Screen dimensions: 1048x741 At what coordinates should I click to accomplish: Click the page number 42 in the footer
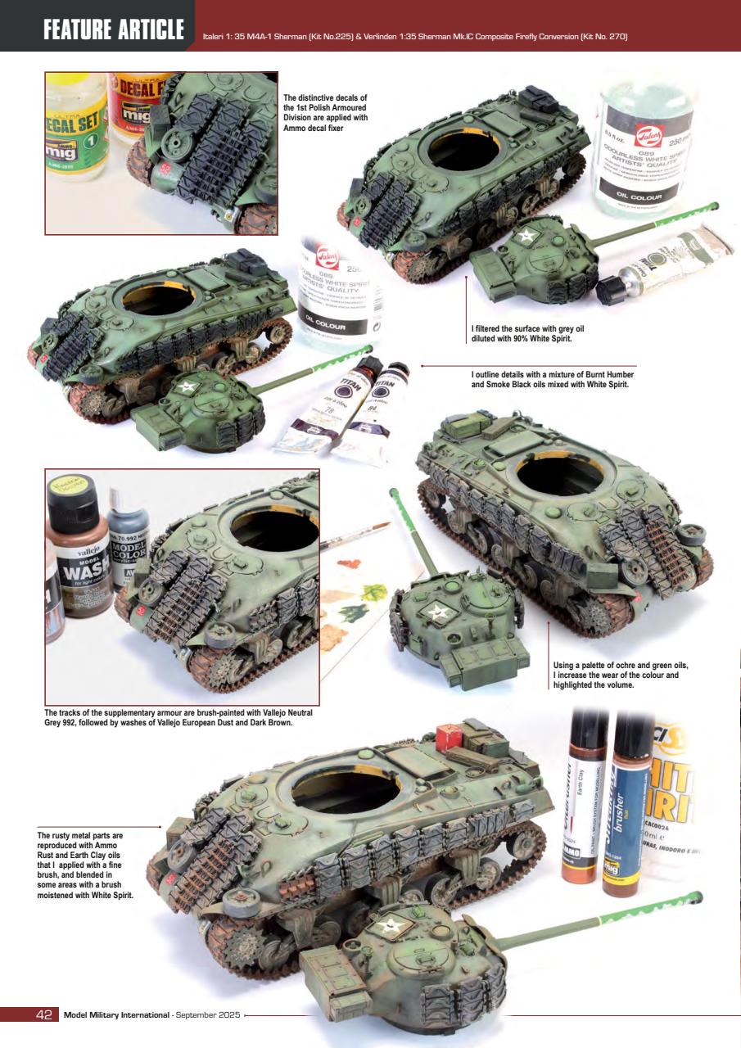[43, 1015]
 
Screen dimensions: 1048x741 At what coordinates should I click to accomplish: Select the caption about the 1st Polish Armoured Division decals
[326, 113]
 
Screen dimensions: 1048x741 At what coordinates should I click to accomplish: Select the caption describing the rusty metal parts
[85, 865]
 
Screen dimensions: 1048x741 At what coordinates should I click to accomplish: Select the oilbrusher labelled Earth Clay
[585, 811]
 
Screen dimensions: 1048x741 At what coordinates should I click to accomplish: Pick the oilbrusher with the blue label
[628, 811]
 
